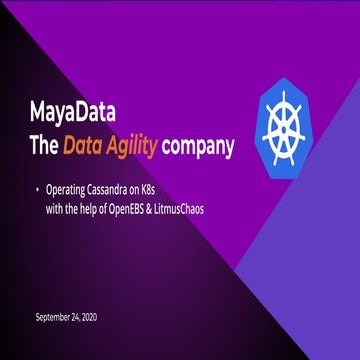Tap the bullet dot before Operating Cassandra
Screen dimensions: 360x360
[x=38, y=188]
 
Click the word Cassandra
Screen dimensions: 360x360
[x=121, y=188]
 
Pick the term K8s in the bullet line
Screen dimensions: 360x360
[x=171, y=188]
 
